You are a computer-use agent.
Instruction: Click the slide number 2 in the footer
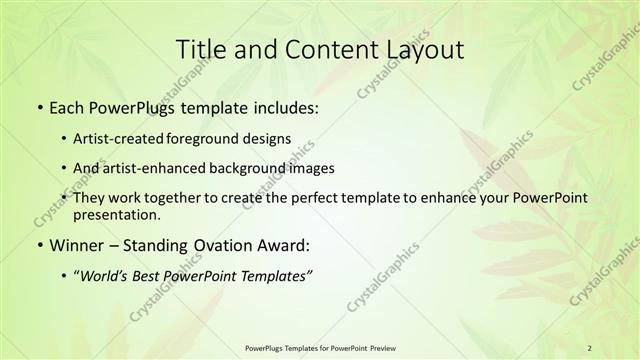(x=589, y=347)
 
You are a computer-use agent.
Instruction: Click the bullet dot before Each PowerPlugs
(x=38, y=105)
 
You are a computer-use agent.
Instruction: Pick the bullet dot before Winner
(x=38, y=245)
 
